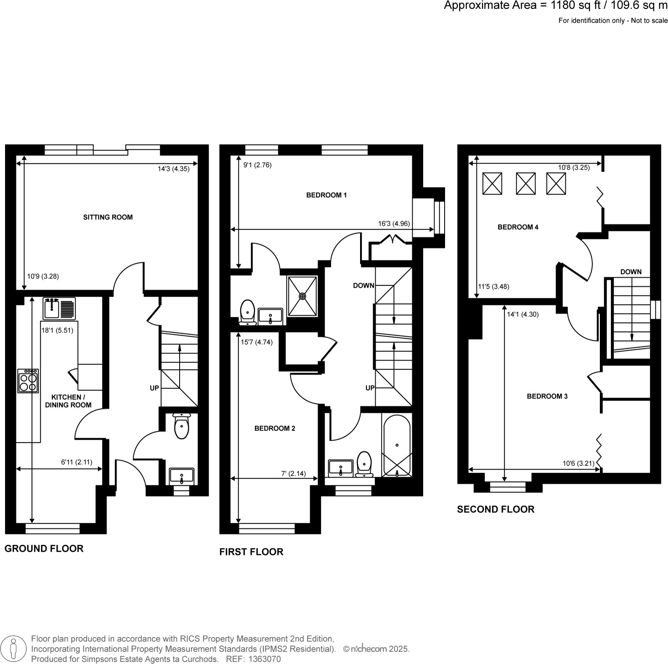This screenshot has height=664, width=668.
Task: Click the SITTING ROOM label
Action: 108,217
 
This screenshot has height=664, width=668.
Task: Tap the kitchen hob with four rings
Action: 28,381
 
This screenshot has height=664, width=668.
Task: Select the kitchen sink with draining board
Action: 59,308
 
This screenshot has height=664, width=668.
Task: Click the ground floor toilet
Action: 181,426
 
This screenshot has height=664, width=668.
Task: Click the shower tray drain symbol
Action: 302,296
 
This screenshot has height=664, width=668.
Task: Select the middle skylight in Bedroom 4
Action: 525,183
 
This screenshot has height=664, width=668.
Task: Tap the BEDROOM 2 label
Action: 275,428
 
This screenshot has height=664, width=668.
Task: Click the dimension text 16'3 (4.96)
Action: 394,224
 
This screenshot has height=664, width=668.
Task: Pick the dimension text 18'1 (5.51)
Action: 57,330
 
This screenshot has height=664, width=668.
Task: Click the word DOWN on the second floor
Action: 631,272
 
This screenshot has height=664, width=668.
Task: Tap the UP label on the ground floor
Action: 154,388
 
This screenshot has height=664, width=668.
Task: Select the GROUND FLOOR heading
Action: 44,548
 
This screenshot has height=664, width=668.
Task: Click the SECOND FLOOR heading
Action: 496,509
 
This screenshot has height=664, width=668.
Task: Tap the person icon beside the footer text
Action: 13,648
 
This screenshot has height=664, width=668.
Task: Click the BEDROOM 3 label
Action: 547,396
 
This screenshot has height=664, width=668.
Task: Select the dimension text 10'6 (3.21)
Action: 578,464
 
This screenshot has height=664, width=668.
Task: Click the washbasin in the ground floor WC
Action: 181,476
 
